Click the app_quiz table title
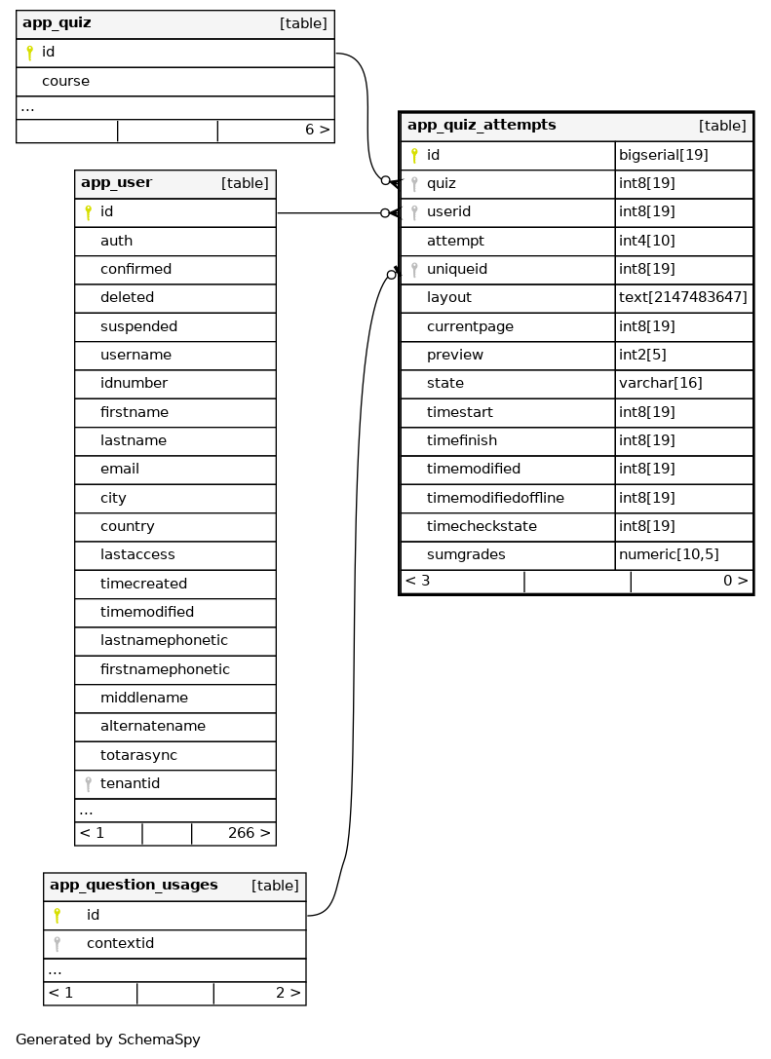coord(57,23)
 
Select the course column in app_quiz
coord(65,81)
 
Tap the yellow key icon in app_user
coord(88,212)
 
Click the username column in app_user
coord(135,355)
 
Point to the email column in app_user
coord(120,469)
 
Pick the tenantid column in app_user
coord(130,783)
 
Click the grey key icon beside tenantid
coord(88,783)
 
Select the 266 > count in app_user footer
coord(249,833)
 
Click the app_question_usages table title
coord(134,886)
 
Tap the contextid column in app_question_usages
coord(120,943)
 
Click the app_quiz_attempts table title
coord(482,126)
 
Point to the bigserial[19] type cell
coord(664,155)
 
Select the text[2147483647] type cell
coord(683,297)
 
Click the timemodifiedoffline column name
coord(495,498)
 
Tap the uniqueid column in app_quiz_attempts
coord(456,269)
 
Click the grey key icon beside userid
coord(414,212)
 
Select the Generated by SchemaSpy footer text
coord(108,1040)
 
